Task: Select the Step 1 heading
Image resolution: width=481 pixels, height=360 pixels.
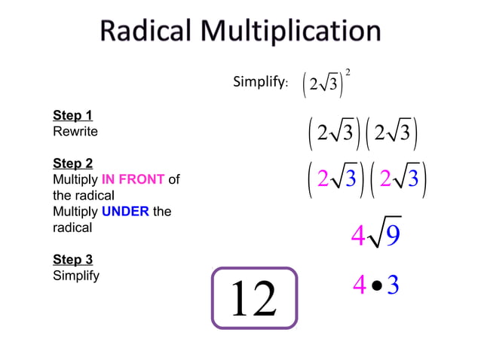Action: (x=72, y=116)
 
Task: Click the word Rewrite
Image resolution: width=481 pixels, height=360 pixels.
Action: (x=75, y=132)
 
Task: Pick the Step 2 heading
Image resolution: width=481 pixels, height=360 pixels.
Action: (x=72, y=163)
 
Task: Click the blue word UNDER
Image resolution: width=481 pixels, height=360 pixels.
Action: (x=125, y=212)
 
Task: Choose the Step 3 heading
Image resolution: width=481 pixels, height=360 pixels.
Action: (x=72, y=260)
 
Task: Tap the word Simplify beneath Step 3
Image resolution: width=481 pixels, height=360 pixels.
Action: (x=76, y=276)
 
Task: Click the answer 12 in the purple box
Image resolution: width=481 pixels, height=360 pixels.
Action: (x=254, y=298)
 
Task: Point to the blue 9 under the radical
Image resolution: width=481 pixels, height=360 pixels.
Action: (x=392, y=236)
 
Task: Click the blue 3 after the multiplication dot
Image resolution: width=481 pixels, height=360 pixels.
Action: (x=393, y=285)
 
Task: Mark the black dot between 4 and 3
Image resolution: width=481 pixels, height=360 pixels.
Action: (x=377, y=286)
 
